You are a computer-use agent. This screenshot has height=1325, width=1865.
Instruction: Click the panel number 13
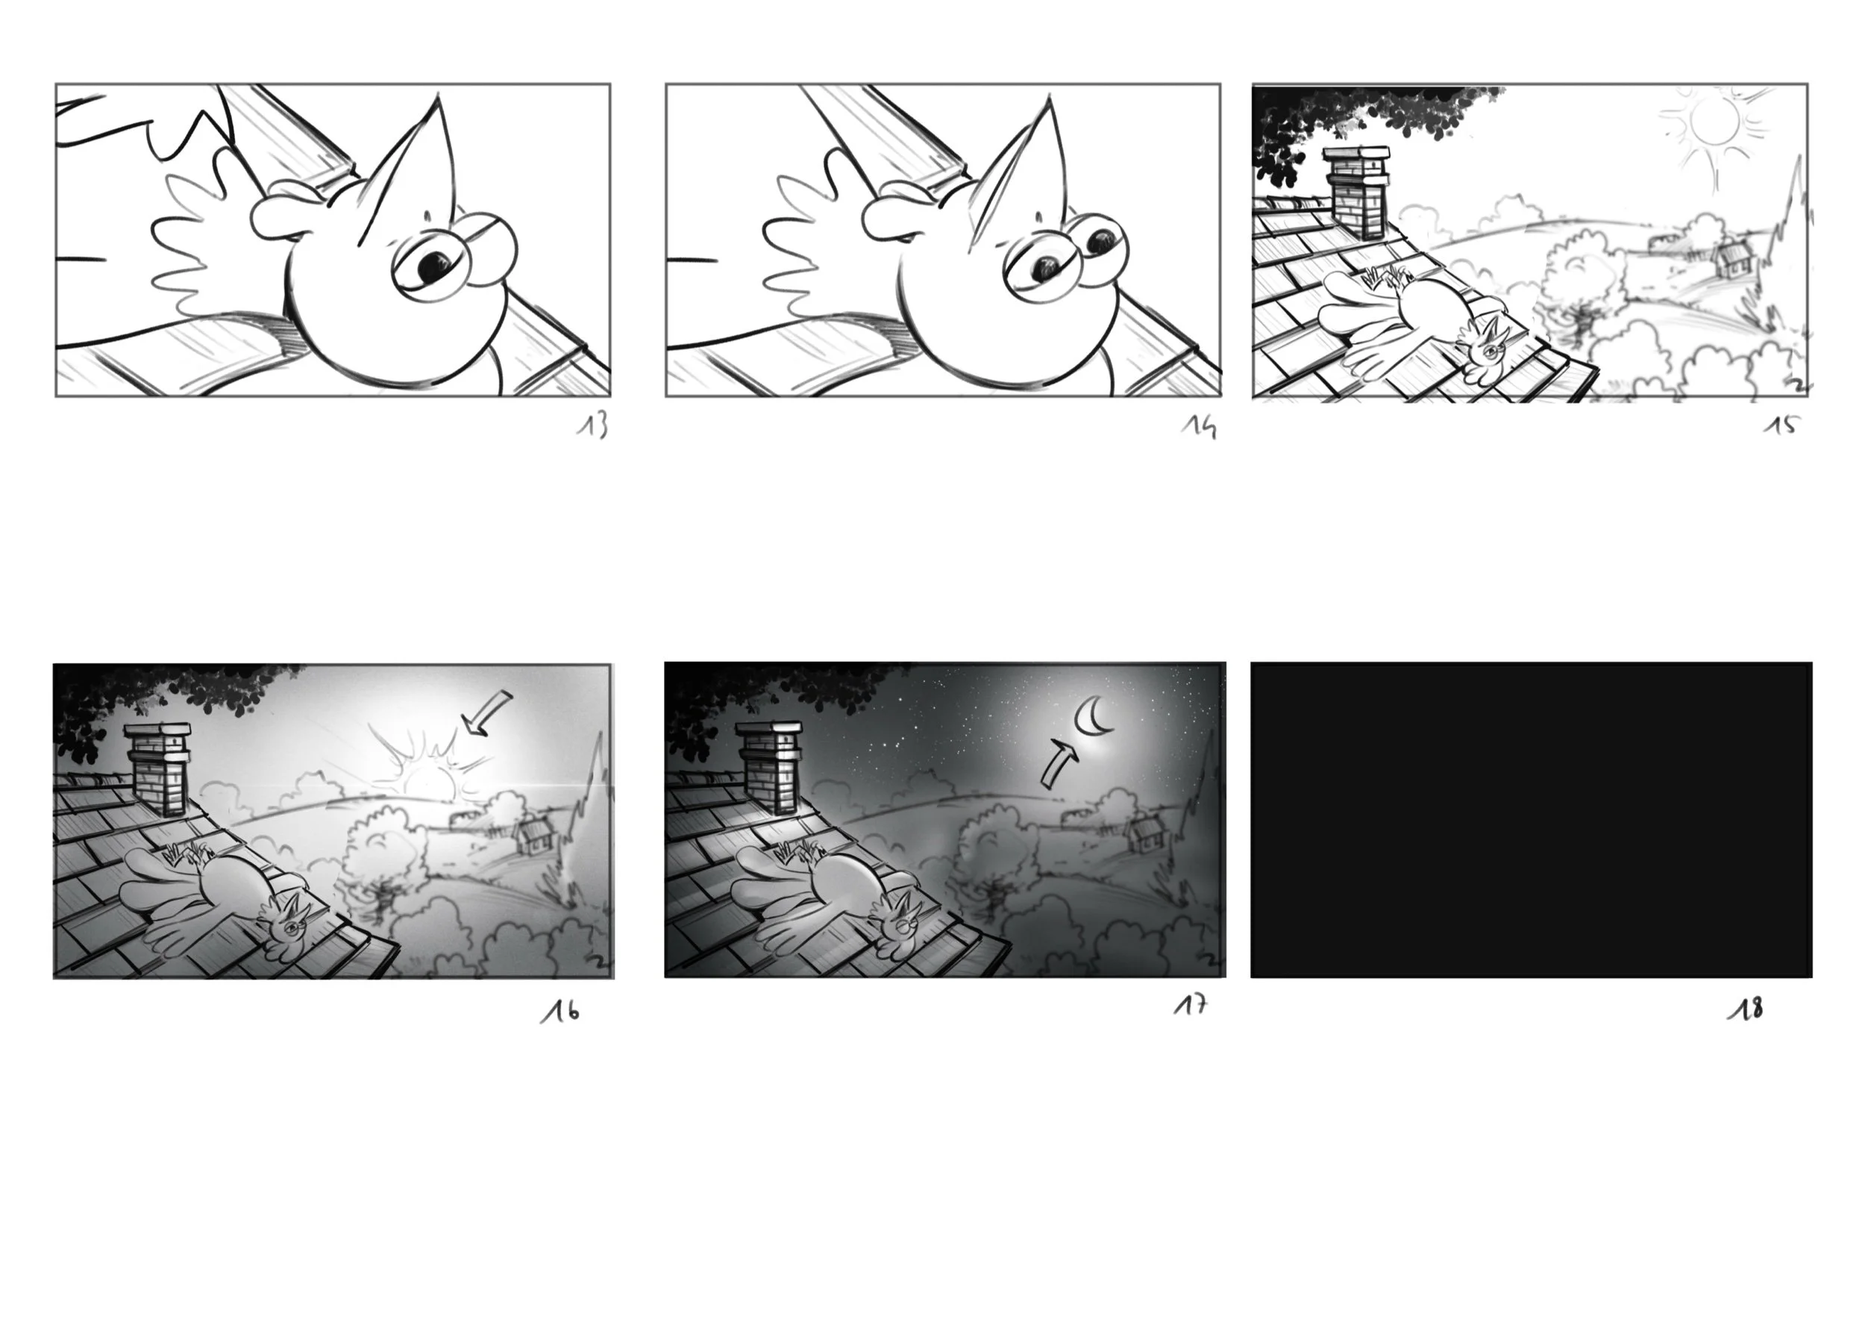593,426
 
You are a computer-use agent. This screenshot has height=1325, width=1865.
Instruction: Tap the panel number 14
1200,427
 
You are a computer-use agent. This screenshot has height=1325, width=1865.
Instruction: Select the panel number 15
1781,425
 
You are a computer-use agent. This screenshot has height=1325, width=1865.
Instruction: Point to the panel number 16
560,1012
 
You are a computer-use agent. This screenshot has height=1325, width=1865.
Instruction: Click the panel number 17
1191,1006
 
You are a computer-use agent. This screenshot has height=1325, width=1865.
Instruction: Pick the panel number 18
1746,1009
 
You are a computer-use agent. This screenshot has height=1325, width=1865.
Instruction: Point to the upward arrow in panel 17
1060,764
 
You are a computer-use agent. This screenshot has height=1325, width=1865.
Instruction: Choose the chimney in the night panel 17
770,768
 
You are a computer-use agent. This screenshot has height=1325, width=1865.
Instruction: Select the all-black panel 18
1532,820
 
